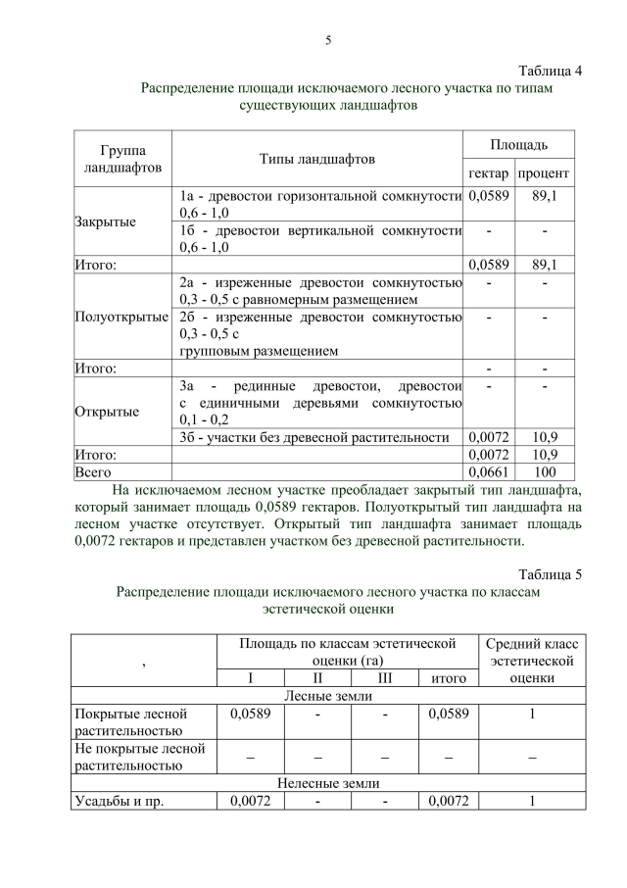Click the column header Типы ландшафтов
tap(316, 159)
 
